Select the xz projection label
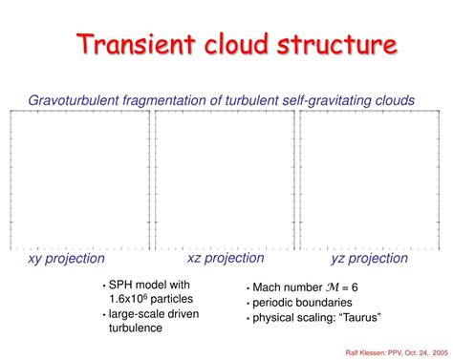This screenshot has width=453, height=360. point(226,258)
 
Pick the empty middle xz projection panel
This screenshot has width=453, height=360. point(226,180)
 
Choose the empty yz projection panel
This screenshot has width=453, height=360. point(370,180)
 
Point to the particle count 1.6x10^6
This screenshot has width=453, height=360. point(130,299)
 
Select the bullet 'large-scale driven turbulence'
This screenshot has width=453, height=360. point(152,320)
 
